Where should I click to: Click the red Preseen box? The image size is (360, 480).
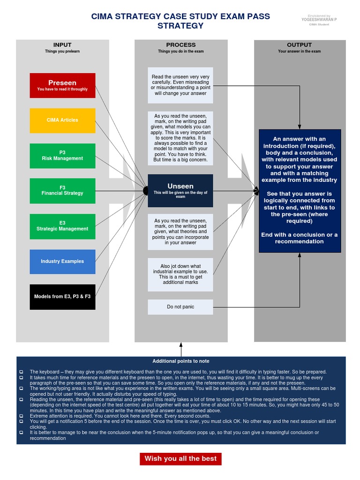[62, 85]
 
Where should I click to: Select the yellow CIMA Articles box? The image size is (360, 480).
[62, 120]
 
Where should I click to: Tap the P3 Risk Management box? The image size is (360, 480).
[62, 156]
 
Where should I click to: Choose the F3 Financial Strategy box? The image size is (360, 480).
[62, 190]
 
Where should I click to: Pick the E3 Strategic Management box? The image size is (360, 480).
[62, 226]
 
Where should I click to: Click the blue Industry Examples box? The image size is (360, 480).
[62, 262]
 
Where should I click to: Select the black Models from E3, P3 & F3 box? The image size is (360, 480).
[62, 297]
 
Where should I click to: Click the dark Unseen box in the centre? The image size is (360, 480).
[180, 190]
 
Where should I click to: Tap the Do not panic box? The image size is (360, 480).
[180, 307]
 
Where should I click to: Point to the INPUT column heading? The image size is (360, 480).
[62, 45]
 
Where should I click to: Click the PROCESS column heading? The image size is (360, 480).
[180, 45]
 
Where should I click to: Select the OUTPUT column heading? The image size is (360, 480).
[299, 45]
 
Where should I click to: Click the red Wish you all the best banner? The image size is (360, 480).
[180, 458]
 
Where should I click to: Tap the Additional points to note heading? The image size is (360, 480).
[180, 361]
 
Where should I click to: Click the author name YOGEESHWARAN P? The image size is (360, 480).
[319, 20]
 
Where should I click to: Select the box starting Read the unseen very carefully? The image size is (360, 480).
[180, 85]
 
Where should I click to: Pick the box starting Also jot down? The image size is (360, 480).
[180, 274]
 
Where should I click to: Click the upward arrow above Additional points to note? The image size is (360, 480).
[181, 349]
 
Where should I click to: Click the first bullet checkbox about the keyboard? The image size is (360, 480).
[21, 372]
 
